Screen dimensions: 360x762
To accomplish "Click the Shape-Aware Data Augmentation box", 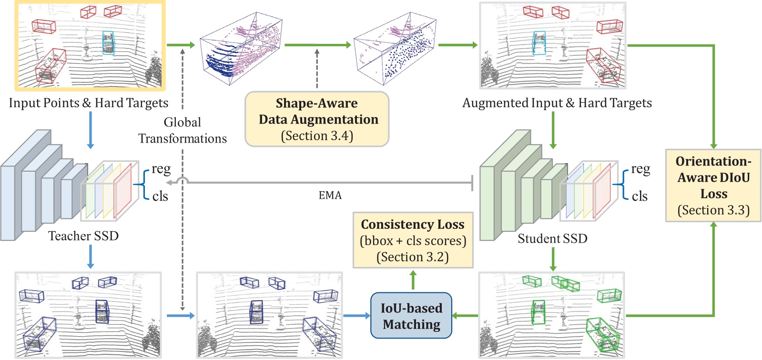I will [317, 119].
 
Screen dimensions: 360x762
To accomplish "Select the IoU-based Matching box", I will [411, 316].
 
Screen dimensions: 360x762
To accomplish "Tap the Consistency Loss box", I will [413, 240].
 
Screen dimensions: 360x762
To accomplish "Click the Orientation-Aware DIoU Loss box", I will [713, 185].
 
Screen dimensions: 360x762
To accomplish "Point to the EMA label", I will [330, 195].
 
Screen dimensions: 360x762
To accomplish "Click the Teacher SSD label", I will [83, 236].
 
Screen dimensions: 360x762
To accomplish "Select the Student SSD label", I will [552, 238].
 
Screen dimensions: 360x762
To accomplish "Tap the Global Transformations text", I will [183, 131].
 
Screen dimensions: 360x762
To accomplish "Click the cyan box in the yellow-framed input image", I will [109, 43].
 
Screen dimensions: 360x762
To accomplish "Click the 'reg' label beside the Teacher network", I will [161, 169].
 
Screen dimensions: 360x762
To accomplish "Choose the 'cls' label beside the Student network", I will [640, 196].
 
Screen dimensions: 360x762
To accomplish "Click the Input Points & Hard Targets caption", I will [89, 103].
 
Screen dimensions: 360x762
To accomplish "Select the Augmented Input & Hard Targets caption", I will [557, 103].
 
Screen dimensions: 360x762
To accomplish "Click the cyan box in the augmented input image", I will [539, 43].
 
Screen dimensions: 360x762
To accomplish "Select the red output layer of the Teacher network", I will [123, 191].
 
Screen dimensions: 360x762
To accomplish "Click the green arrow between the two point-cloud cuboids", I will [317, 45].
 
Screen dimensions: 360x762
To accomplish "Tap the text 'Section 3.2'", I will [413, 257].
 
